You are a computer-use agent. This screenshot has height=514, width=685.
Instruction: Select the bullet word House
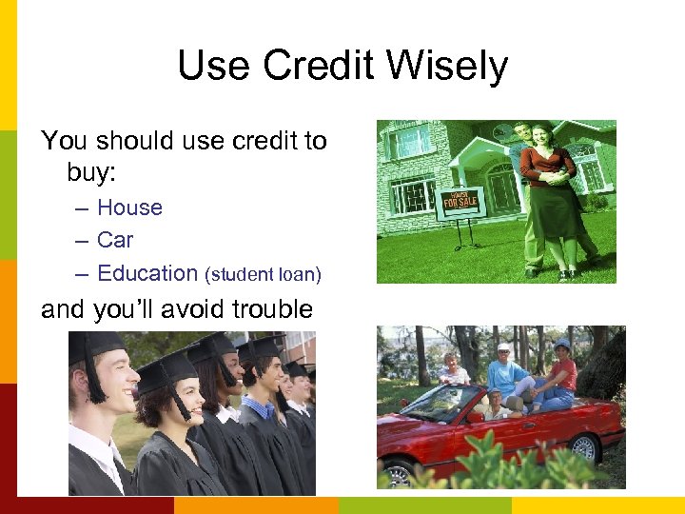click(129, 208)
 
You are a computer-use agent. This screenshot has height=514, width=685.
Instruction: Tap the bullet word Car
click(115, 240)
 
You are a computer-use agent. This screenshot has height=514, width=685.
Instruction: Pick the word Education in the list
click(147, 273)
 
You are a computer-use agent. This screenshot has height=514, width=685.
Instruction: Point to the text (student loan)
click(264, 275)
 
